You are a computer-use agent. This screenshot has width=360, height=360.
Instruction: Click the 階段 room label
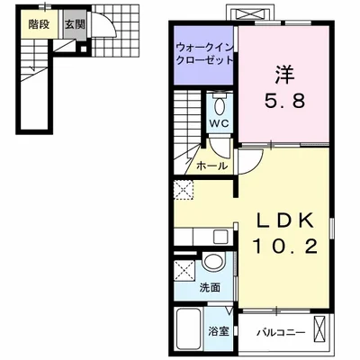tap(39, 24)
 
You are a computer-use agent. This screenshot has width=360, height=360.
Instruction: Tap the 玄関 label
tap(75, 24)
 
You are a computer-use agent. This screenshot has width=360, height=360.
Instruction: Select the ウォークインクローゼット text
tap(204, 54)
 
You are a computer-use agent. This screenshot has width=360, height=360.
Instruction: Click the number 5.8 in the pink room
tap(284, 101)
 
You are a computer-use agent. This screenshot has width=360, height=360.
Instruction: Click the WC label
tap(220, 123)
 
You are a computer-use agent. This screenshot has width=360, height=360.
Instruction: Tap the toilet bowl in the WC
tap(220, 106)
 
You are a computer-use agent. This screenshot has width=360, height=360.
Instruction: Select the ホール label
tap(211, 166)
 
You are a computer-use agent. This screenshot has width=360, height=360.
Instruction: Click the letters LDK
tap(284, 221)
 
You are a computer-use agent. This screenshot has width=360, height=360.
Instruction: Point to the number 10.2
tap(285, 247)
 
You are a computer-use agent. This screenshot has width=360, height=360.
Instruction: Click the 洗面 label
tap(211, 288)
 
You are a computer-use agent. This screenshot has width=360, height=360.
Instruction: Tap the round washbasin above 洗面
tap(213, 261)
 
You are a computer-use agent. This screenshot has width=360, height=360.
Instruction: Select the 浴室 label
tap(219, 331)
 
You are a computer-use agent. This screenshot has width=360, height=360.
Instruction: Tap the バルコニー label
tap(281, 332)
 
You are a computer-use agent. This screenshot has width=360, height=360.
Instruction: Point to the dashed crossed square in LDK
tap(184, 190)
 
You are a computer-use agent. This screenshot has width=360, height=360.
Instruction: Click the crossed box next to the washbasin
tap(184, 271)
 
